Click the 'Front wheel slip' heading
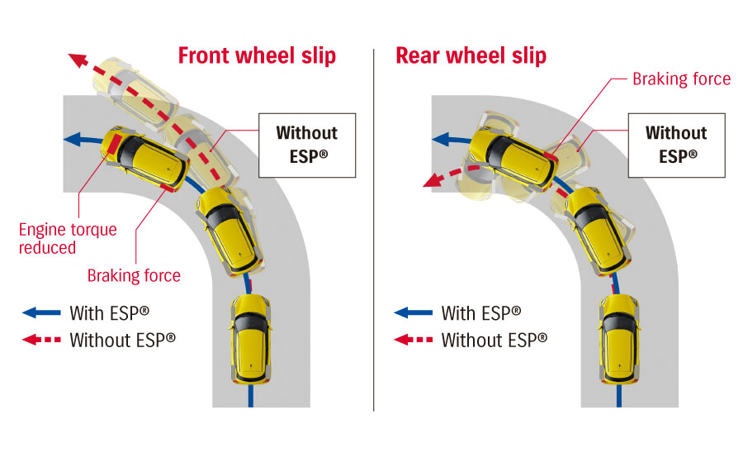tap(257, 55)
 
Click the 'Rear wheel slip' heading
tap(471, 55)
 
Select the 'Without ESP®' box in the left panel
tap(307, 144)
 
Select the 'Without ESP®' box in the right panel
tap(676, 144)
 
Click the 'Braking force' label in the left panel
tap(134, 275)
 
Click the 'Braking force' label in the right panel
tap(681, 79)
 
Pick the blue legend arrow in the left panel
tap(42, 313)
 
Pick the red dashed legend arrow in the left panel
tap(42, 339)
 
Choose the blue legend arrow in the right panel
tap(413, 313)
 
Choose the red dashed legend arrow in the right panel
tap(413, 339)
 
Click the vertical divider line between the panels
tap(374, 231)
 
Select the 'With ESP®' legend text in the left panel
tap(110, 313)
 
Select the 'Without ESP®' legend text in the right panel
tap(494, 339)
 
